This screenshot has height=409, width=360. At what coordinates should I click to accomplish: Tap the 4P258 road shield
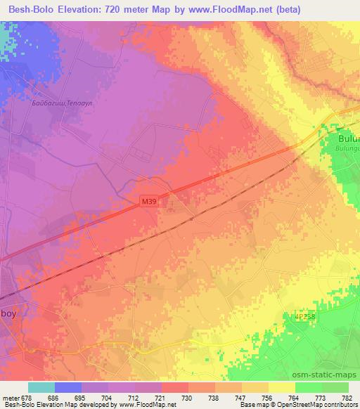point(304,317)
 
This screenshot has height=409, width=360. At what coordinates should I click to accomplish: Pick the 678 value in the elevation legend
point(27,398)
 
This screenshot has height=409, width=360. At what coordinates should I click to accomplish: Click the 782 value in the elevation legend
point(349,398)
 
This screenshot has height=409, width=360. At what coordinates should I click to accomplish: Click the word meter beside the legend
point(10,398)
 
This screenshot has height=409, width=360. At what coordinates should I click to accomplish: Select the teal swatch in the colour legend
point(41,387)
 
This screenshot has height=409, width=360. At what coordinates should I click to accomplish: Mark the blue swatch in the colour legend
point(68,387)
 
